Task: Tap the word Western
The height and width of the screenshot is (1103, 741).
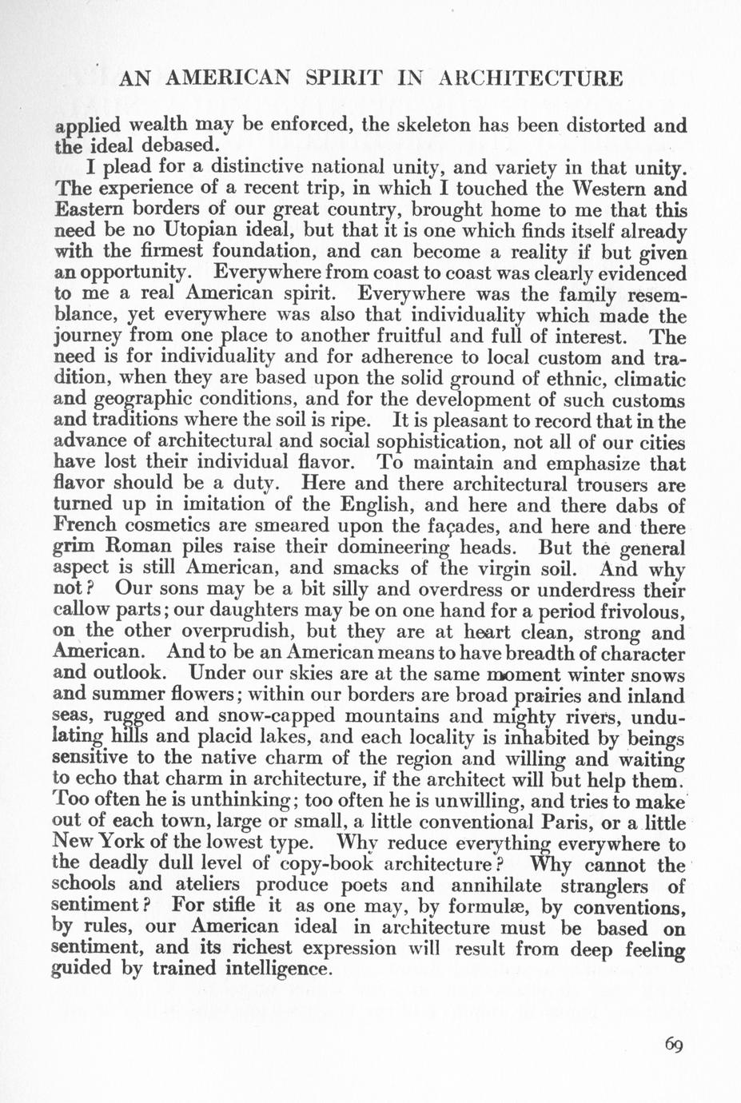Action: tap(601, 189)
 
